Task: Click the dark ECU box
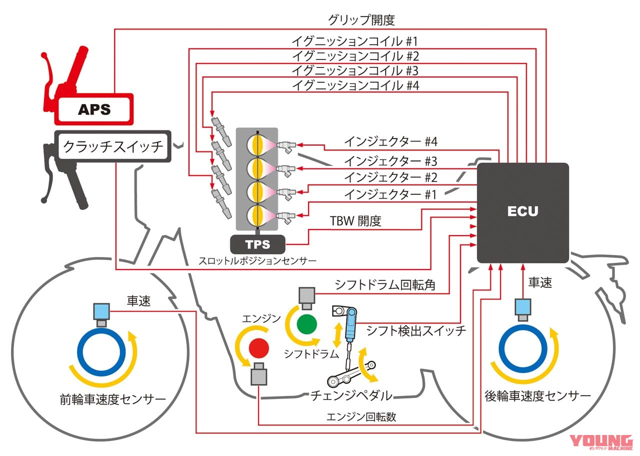pos(522,212)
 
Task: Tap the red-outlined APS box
pos(94,109)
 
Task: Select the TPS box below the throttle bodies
pos(257,244)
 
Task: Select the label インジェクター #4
pos(390,141)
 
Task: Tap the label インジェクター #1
pos(390,194)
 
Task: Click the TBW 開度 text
pos(355,221)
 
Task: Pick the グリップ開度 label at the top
pos(361,20)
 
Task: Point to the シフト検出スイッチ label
pos(416,330)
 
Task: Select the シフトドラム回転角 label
pos(384,285)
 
